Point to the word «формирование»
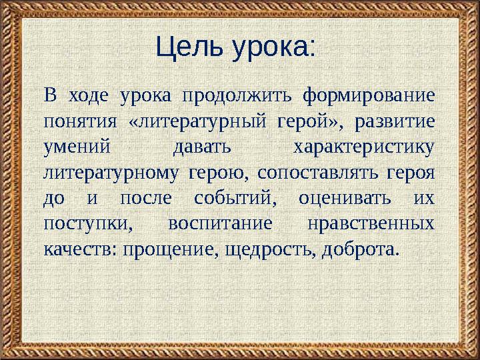click(369, 96)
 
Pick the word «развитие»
click(395, 122)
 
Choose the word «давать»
click(202, 147)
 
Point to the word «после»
click(146, 199)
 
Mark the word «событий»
click(235, 199)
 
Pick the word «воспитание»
click(220, 224)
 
